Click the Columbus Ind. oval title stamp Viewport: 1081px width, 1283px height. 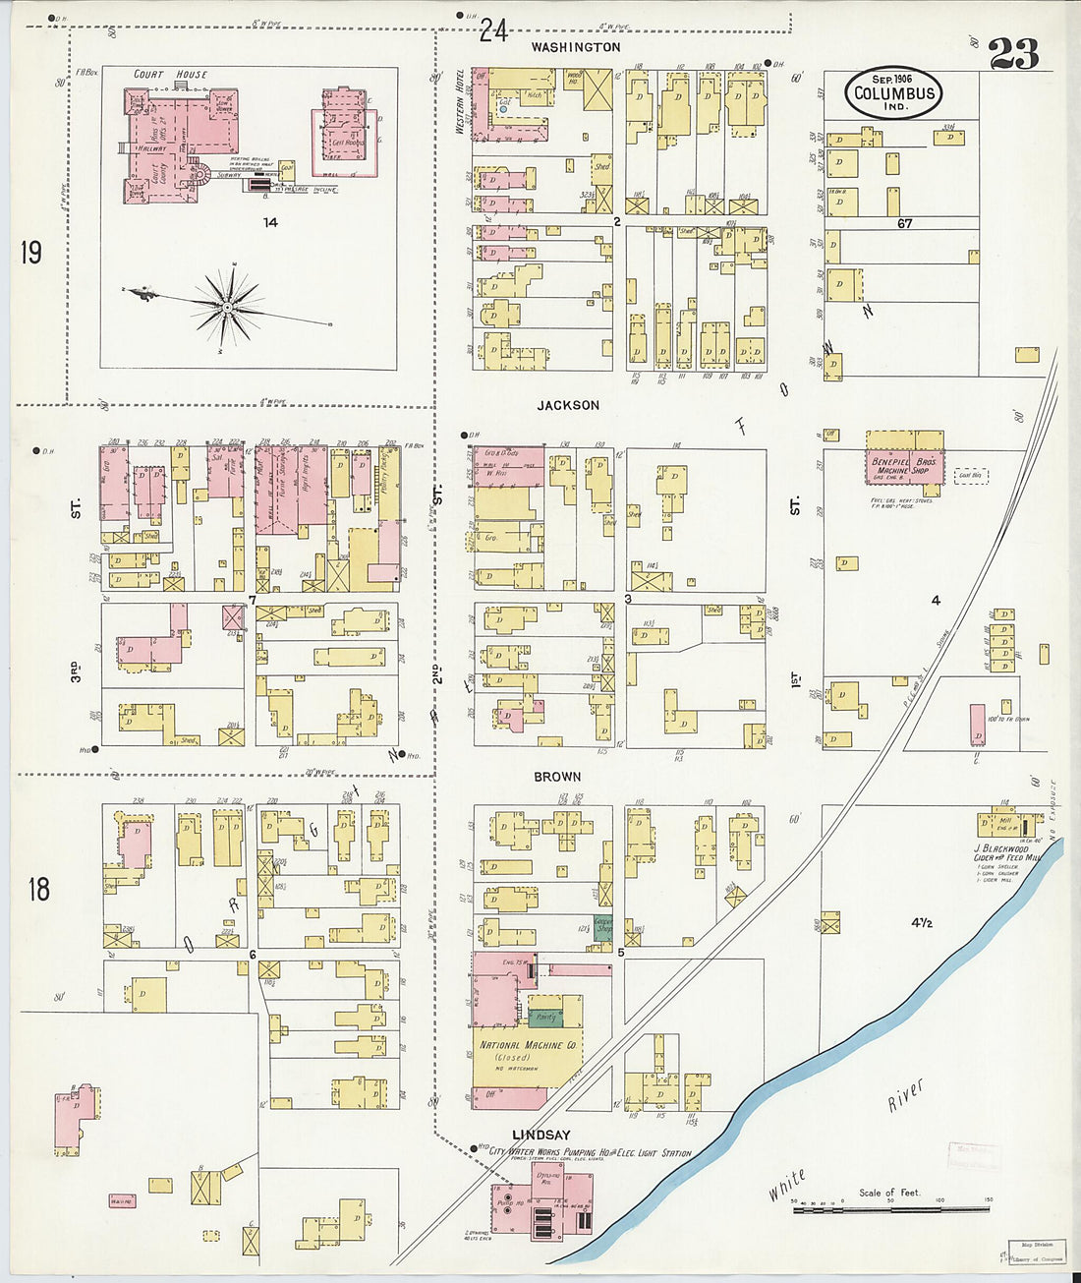coord(892,93)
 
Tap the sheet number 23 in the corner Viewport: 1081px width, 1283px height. coord(1013,54)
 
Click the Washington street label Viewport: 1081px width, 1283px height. coord(576,47)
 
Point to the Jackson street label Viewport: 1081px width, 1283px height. coord(568,405)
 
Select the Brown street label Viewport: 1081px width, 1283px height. coord(557,777)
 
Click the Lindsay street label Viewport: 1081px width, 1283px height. coord(542,1135)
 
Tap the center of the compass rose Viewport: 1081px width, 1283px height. coord(227,308)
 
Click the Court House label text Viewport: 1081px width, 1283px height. coord(171,75)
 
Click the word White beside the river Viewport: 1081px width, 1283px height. coord(787,1185)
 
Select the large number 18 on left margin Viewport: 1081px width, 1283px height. coord(38,890)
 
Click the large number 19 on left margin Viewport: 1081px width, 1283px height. coord(30,254)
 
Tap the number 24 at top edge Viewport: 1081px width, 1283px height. coord(493,32)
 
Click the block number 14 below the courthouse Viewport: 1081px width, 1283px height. coord(269,222)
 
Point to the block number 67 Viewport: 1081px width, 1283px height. coord(904,223)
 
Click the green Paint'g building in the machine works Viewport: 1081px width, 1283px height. coord(544,1019)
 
